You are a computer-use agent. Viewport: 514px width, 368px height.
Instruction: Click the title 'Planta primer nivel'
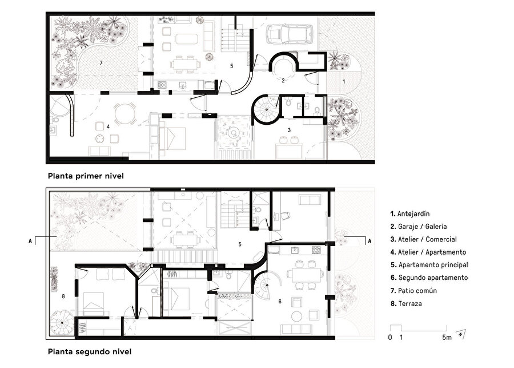(86, 176)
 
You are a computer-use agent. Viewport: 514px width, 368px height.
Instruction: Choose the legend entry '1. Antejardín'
(412, 213)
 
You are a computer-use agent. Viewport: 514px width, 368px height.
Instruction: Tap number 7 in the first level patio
(101, 61)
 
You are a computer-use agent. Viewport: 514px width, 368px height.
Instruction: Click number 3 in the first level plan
(289, 130)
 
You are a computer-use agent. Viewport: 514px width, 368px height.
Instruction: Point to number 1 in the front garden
(344, 82)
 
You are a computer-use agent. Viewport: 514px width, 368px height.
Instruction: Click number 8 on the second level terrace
(63, 296)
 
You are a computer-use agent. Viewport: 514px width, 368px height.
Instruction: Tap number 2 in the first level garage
(282, 81)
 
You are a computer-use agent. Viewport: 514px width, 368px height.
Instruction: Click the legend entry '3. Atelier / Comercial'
(424, 239)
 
